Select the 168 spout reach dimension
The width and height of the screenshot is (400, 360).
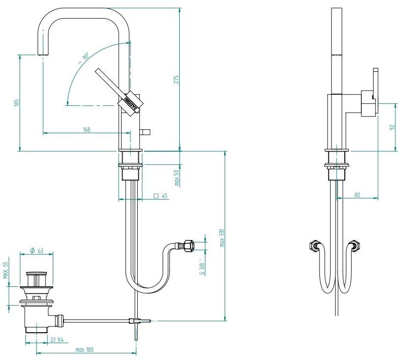point(87,130)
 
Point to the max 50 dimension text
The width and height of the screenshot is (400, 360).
point(177,178)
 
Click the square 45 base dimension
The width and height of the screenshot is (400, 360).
point(161,196)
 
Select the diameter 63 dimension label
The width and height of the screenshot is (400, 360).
point(37,251)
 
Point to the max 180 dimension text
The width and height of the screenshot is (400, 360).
point(85,349)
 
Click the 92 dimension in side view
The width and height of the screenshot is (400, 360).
point(392,127)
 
